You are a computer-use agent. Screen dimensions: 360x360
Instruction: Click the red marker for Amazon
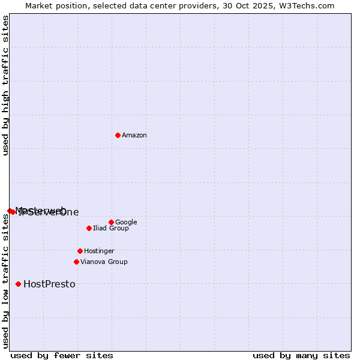[x=118, y=135]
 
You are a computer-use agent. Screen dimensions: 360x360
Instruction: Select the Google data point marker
[x=111, y=222]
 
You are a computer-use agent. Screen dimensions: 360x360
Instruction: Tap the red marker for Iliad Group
[x=89, y=228]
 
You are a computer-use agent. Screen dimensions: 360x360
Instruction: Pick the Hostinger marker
[x=80, y=251]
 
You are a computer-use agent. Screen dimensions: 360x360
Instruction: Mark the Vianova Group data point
[x=76, y=262]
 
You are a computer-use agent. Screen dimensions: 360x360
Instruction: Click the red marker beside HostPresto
[x=18, y=284]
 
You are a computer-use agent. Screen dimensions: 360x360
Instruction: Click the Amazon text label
[x=134, y=136]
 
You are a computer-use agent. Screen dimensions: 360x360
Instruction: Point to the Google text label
[x=126, y=223]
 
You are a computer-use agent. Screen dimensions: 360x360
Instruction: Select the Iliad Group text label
[x=111, y=229]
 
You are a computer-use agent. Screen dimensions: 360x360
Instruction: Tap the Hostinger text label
[x=99, y=251]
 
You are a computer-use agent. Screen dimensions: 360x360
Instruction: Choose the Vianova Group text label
[x=104, y=262]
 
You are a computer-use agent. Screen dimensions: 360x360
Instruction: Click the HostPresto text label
[x=49, y=284]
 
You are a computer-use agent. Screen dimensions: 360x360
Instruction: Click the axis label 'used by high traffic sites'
[x=5, y=85]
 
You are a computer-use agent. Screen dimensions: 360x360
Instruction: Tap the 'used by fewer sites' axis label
[x=62, y=355]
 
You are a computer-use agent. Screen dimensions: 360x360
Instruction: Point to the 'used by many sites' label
[x=301, y=355]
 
